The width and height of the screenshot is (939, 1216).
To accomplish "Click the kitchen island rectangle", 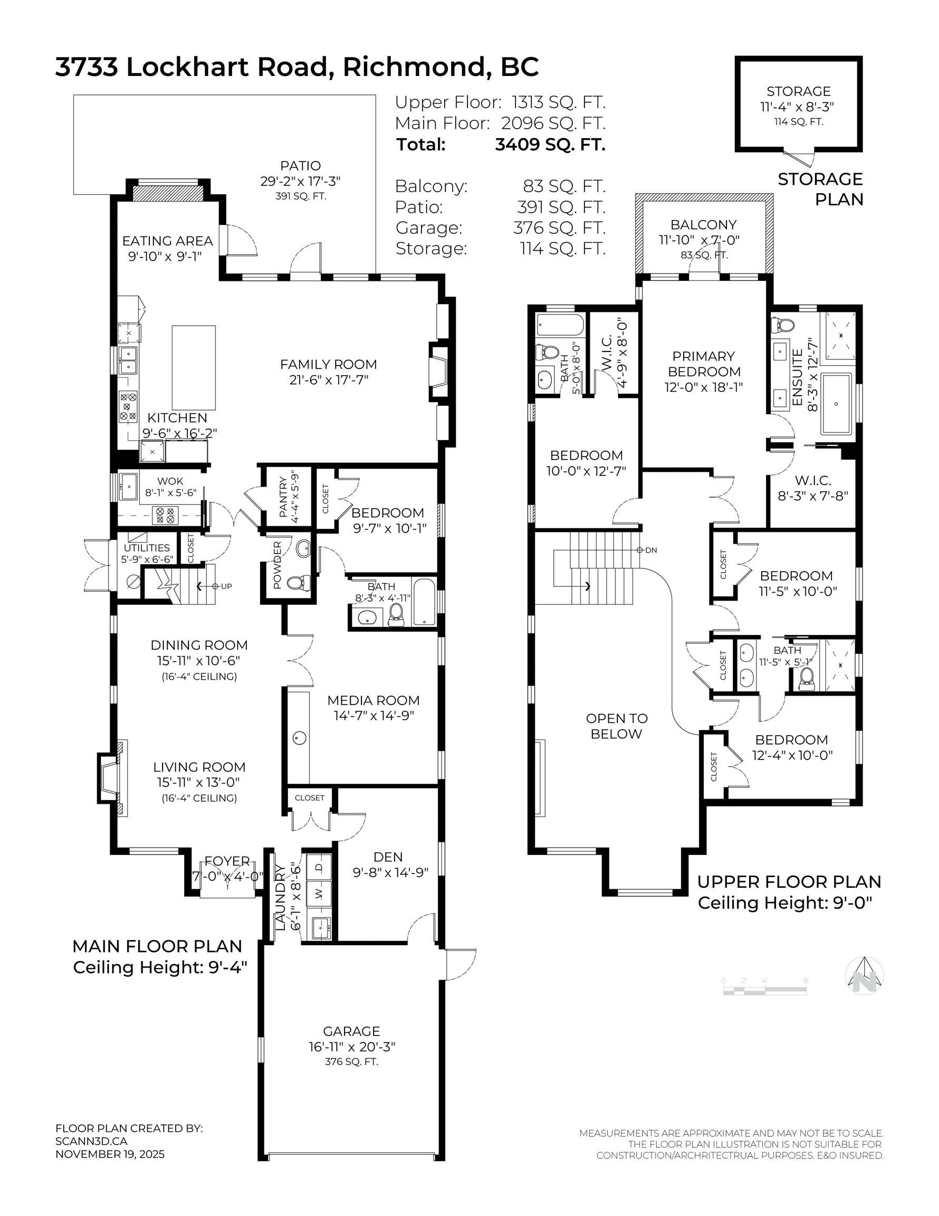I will click(193, 367).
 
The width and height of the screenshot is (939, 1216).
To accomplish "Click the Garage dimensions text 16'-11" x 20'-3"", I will click(352, 1047).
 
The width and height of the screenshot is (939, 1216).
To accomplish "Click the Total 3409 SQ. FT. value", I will click(549, 145).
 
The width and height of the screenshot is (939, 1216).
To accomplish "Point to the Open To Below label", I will click(616, 726).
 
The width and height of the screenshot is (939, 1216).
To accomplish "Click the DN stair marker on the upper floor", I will click(647, 550).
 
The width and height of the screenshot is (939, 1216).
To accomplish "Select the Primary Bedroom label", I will click(703, 364).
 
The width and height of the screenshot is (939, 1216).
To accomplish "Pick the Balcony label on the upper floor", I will click(703, 225).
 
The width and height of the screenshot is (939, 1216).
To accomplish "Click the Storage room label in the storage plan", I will click(798, 91).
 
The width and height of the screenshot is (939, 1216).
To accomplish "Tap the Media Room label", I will click(373, 700).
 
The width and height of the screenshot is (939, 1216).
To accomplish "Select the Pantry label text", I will click(283, 497).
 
